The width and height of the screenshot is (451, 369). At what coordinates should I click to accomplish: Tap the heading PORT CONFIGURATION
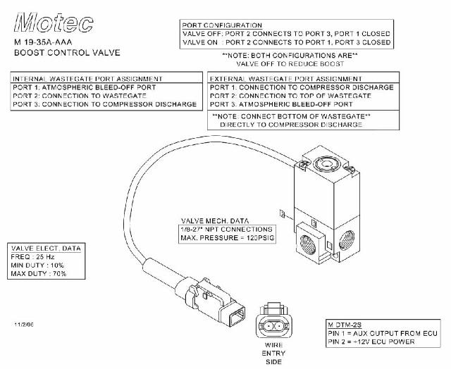[222, 25]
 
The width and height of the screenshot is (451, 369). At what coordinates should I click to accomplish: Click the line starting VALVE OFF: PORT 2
[286, 34]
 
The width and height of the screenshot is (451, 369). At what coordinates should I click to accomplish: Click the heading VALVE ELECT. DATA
[47, 249]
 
